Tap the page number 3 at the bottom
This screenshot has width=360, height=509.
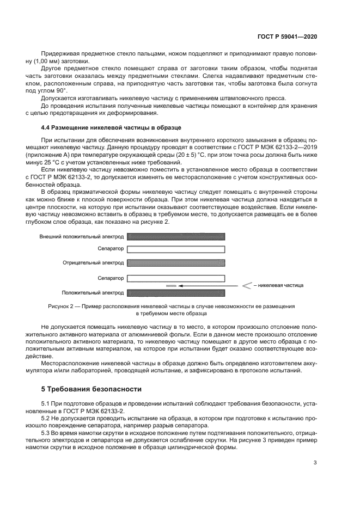pyautogui.click(x=315, y=463)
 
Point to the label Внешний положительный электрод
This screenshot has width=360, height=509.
pyautogui.click(x=82, y=237)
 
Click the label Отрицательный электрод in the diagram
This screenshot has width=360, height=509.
pyautogui.click(x=93, y=263)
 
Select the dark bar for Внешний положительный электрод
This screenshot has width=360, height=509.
pyautogui.click(x=176, y=237)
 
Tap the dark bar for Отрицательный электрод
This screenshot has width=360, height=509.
pyautogui.click(x=176, y=263)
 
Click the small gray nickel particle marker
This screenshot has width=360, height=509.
pyautogui.click(x=171, y=285)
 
